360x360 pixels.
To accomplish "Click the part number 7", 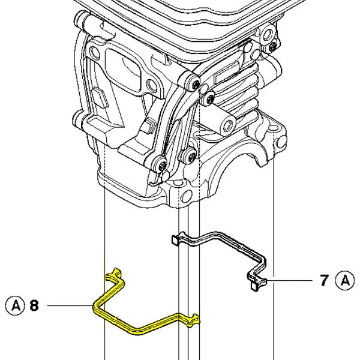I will [x=324, y=280].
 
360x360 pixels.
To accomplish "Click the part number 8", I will [x=34, y=305].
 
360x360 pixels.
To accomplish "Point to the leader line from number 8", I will [x=69, y=305].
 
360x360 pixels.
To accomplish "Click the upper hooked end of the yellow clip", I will [x=112, y=276].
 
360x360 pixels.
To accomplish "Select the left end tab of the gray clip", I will [x=173, y=239].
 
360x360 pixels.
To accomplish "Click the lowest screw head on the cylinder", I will [x=161, y=164].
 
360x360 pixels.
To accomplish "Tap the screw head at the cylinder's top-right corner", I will [x=274, y=46].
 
